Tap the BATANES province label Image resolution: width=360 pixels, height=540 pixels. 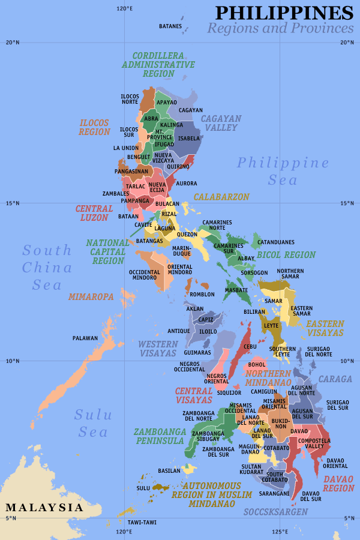[x=170, y=26]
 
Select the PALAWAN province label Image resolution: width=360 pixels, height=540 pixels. [x=85, y=338]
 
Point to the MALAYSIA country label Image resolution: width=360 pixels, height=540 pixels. [x=44, y=508]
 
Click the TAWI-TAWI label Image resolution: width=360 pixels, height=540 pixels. [x=142, y=522]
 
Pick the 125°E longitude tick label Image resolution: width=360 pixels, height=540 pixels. [x=279, y=531]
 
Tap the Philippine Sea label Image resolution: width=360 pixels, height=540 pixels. [x=283, y=171]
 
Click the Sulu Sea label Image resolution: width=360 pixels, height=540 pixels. [x=91, y=423]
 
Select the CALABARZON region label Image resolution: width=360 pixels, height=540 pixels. [x=221, y=197]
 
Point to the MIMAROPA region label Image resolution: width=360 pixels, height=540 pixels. [x=91, y=296]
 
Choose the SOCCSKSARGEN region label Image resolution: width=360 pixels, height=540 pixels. [x=275, y=512]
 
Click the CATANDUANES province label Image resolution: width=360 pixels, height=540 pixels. [x=276, y=242]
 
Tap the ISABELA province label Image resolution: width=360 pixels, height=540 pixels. [x=189, y=138]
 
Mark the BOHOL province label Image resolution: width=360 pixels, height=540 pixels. [x=257, y=364]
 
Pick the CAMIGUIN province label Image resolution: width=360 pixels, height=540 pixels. [x=264, y=391]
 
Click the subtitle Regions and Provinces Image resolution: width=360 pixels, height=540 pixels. [x=280, y=28]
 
